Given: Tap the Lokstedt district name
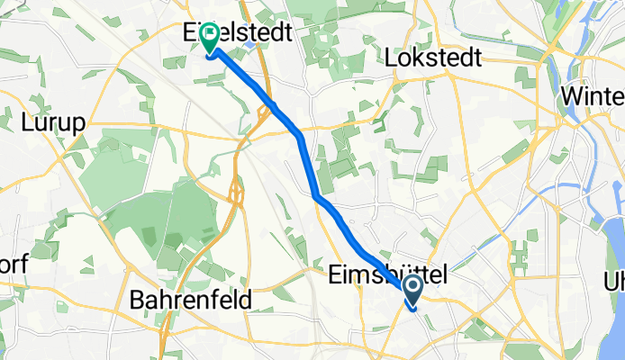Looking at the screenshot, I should tap(433, 58).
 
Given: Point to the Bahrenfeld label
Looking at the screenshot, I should tap(190, 300).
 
